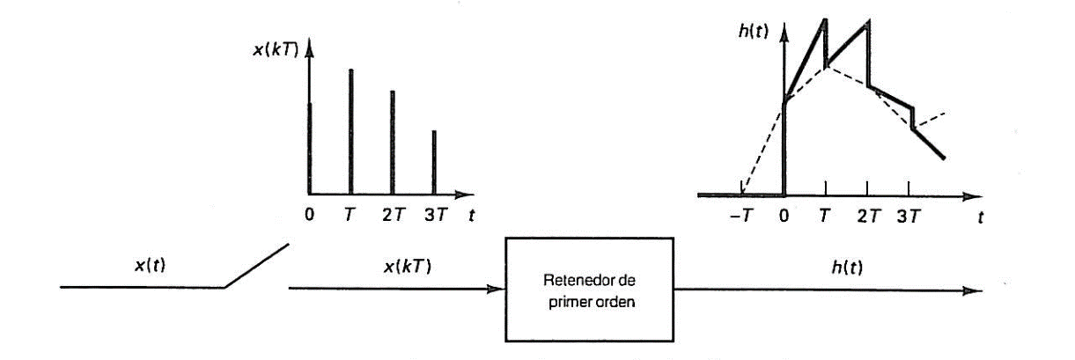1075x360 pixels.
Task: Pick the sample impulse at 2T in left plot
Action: click(393, 141)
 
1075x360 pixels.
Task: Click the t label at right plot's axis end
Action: click(980, 217)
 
